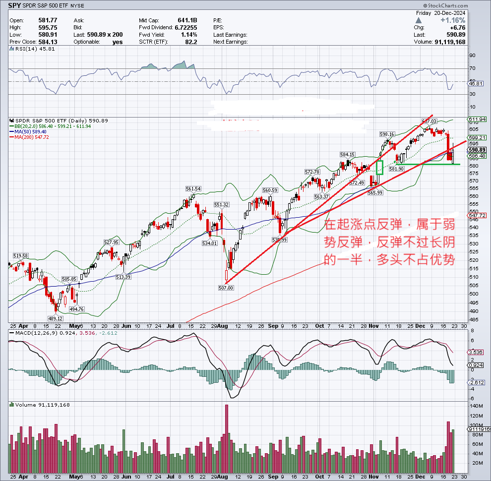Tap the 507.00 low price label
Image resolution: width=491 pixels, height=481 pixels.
226,288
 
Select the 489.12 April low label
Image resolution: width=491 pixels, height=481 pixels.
55,318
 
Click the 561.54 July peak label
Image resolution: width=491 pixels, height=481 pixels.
193,189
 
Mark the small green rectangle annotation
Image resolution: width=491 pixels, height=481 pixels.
380,168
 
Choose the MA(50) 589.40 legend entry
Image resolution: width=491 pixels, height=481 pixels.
31,131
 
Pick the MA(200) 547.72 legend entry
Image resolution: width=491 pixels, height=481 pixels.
33,137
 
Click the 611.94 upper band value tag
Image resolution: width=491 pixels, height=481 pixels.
478,120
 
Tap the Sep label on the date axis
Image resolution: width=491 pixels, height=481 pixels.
273,325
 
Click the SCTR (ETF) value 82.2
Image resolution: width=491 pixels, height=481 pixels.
191,42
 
